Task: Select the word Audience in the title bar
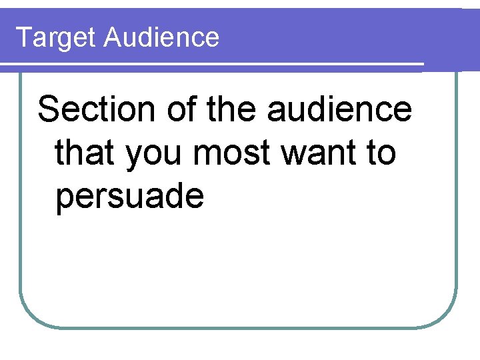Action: (161, 37)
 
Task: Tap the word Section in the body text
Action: (98, 109)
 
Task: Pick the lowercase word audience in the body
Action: (340, 109)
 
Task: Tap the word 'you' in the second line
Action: (155, 155)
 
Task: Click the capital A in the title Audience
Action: (113, 37)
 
